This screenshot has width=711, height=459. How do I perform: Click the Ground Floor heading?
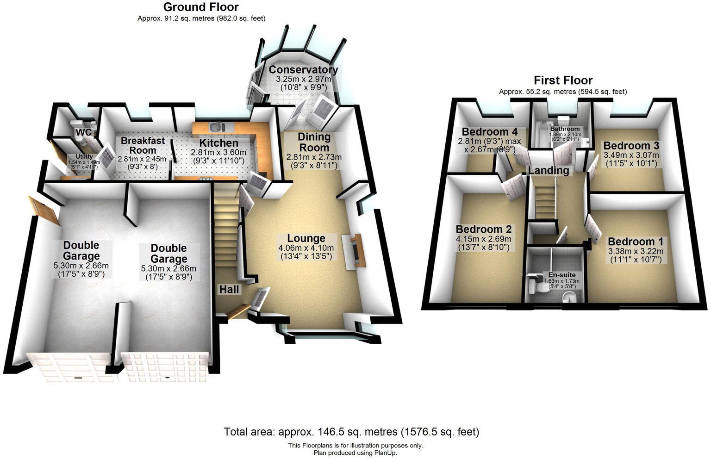pos(201,7)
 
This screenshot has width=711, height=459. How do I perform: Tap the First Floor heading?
pos(563,80)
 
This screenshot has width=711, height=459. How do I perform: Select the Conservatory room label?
pos(303,70)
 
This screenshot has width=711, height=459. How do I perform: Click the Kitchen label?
pos(218,143)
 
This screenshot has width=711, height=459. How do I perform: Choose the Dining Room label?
pos(314,142)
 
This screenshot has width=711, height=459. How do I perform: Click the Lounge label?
pos(306,238)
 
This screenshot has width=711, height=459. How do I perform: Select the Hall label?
pos(229,289)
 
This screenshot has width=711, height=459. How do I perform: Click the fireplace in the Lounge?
pos(356,250)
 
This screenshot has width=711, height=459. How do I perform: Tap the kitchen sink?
pos(216,126)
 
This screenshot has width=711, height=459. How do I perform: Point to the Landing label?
pos(549,170)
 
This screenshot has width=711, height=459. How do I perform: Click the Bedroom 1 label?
pos(635,242)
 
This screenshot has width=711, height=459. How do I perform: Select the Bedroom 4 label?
pos(489,132)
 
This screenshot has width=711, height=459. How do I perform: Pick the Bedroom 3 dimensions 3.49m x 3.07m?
pos(630,155)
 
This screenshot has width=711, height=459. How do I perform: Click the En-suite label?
pos(561,275)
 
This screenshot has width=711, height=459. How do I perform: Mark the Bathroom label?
pos(565,129)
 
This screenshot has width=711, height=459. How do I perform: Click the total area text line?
pos(351,432)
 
